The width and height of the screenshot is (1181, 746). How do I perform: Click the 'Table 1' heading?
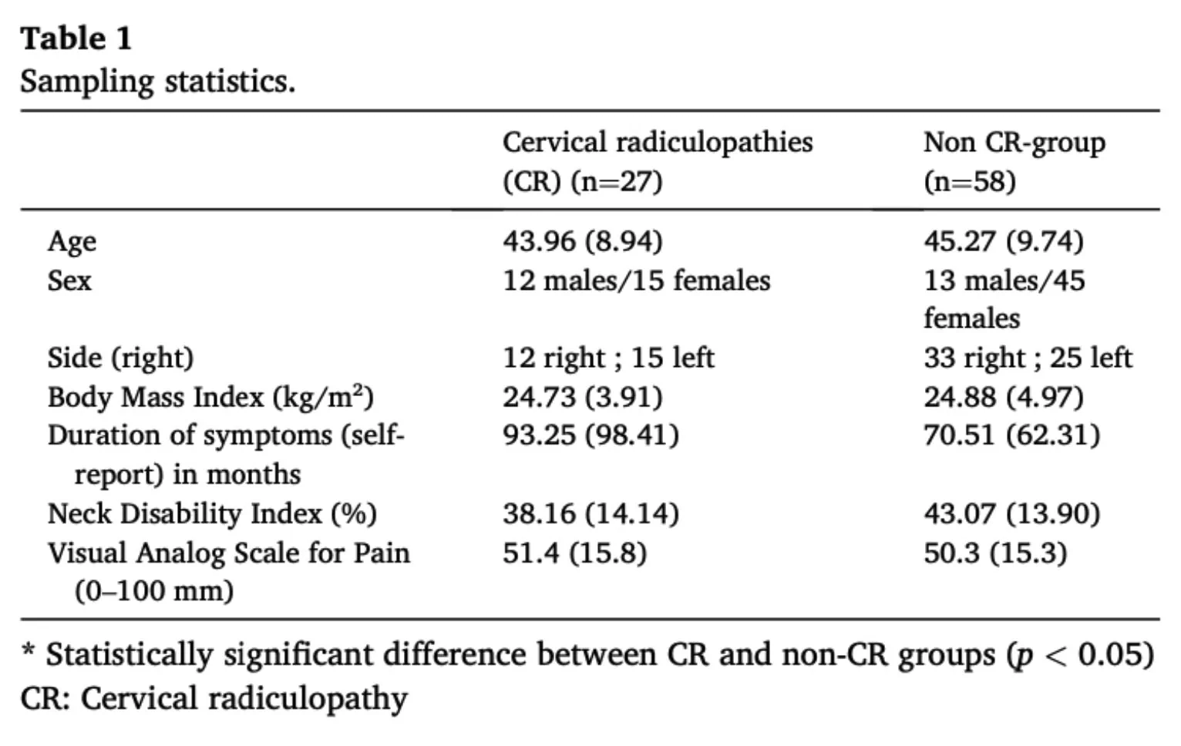pyautogui.click(x=76, y=39)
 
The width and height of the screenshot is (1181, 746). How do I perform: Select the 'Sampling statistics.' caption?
pyautogui.click(x=157, y=82)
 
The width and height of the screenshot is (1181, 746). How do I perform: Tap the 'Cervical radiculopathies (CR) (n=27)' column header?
pyautogui.click(x=658, y=162)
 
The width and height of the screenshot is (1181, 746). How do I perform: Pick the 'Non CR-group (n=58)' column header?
pyautogui.click(x=1014, y=162)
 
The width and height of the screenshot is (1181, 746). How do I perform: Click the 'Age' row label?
pyautogui.click(x=72, y=243)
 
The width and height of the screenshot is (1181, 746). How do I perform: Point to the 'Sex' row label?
pyautogui.click(x=69, y=280)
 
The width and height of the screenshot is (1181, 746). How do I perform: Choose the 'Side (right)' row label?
pyautogui.click(x=121, y=358)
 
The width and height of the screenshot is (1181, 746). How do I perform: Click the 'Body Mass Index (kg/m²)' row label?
pyautogui.click(x=211, y=397)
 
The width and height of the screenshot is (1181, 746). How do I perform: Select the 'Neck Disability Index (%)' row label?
pyautogui.click(x=213, y=513)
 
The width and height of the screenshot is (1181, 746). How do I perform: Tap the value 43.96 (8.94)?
pyautogui.click(x=583, y=241)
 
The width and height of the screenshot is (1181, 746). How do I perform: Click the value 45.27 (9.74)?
pyautogui.click(x=1004, y=241)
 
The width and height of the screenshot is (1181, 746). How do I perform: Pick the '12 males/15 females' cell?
pyautogui.click(x=637, y=280)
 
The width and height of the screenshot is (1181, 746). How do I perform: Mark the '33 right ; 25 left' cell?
pyautogui.click(x=1028, y=358)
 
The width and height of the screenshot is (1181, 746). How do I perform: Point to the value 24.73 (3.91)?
pyautogui.click(x=583, y=397)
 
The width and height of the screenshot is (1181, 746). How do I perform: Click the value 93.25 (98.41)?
pyautogui.click(x=591, y=435)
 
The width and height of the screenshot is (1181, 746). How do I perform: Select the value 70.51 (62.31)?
pyautogui.click(x=1012, y=435)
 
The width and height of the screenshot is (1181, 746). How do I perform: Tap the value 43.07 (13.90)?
pyautogui.click(x=1012, y=513)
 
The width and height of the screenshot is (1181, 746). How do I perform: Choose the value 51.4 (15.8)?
pyautogui.click(x=574, y=553)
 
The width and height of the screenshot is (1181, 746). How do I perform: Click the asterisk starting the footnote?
pyautogui.click(x=28, y=649)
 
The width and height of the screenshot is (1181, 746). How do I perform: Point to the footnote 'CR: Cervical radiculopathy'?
pyautogui.click(x=214, y=699)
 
